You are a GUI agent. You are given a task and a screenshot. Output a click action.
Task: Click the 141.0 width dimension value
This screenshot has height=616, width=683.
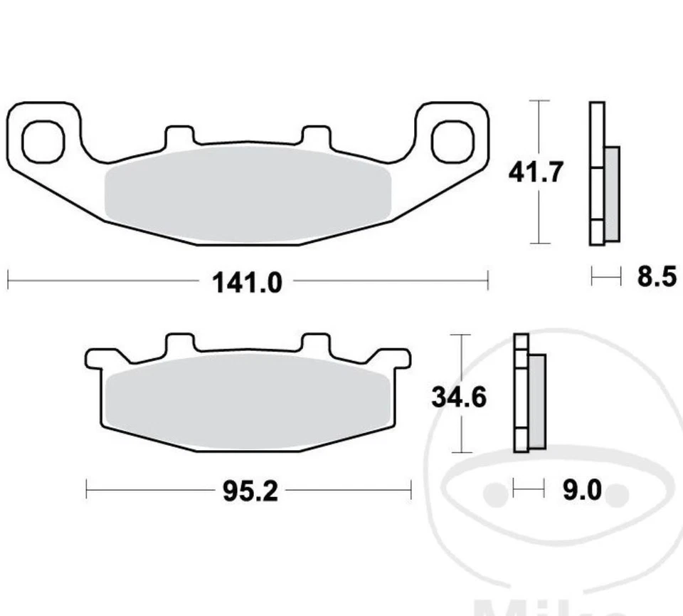pos(248,283)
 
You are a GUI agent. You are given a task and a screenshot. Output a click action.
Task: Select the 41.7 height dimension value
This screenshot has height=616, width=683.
pos(536,172)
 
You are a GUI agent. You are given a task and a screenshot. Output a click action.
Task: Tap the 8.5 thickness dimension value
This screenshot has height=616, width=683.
pos(656,276)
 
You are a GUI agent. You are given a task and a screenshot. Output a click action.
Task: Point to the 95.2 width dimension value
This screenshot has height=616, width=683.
pos(248,491)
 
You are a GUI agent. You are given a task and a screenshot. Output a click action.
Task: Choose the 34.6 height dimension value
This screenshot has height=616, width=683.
pos(459,397)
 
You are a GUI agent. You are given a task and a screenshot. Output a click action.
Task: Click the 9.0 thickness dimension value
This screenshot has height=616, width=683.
pos(582,490)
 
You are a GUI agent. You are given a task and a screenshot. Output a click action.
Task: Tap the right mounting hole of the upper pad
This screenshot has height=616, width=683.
pos(452,140)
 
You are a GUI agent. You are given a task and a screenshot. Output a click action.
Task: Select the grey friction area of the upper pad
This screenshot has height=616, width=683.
pos(248,192)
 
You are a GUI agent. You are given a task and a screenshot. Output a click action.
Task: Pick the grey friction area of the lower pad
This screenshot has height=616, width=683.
pos(248,402)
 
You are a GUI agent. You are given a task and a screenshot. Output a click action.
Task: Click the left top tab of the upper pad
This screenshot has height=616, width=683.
pos(179,135)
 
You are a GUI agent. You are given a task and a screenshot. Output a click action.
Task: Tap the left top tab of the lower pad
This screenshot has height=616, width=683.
pos(179,343)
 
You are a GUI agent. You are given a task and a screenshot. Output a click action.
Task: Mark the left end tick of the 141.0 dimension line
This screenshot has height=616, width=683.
pos(8,280)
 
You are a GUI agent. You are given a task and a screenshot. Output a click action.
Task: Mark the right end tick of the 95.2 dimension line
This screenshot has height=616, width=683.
pos(411,490)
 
